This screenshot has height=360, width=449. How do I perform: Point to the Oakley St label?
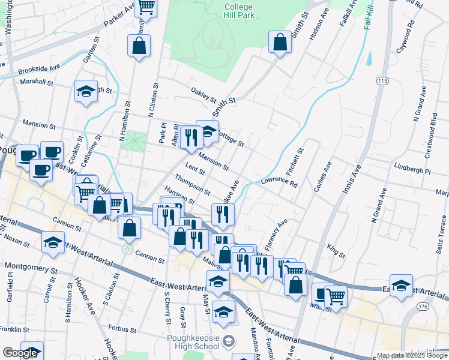tap(203, 95)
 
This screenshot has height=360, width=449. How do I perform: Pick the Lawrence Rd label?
tap(279, 182)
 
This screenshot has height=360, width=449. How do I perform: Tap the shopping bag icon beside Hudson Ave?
tap(280, 43)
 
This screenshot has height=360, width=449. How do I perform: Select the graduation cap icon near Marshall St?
tap(86, 92)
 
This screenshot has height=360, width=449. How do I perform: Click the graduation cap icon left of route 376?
tap(401, 284)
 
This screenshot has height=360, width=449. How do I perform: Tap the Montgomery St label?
tap(30, 265)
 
